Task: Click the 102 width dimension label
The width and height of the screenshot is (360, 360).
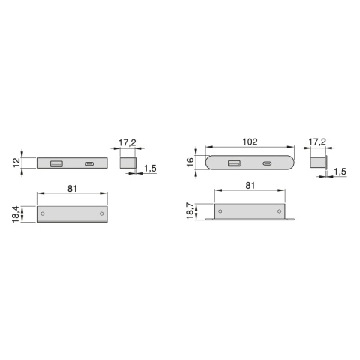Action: pos(250,142)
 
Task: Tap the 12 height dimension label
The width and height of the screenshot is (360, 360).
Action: pos(16,163)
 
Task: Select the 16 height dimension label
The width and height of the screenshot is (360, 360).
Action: pos(190,163)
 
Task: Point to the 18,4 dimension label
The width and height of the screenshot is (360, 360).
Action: pos(16,214)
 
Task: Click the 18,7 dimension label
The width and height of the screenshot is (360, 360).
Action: pos(190,211)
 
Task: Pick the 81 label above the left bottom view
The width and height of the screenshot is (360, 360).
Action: pos(72,189)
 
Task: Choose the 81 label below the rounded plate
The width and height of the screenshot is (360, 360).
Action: pos(250,186)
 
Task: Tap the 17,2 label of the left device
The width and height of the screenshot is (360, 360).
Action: pos(127,142)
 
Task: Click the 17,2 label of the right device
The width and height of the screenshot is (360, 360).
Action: pos(317,142)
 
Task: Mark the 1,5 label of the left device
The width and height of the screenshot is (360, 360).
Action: pos(150,169)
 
